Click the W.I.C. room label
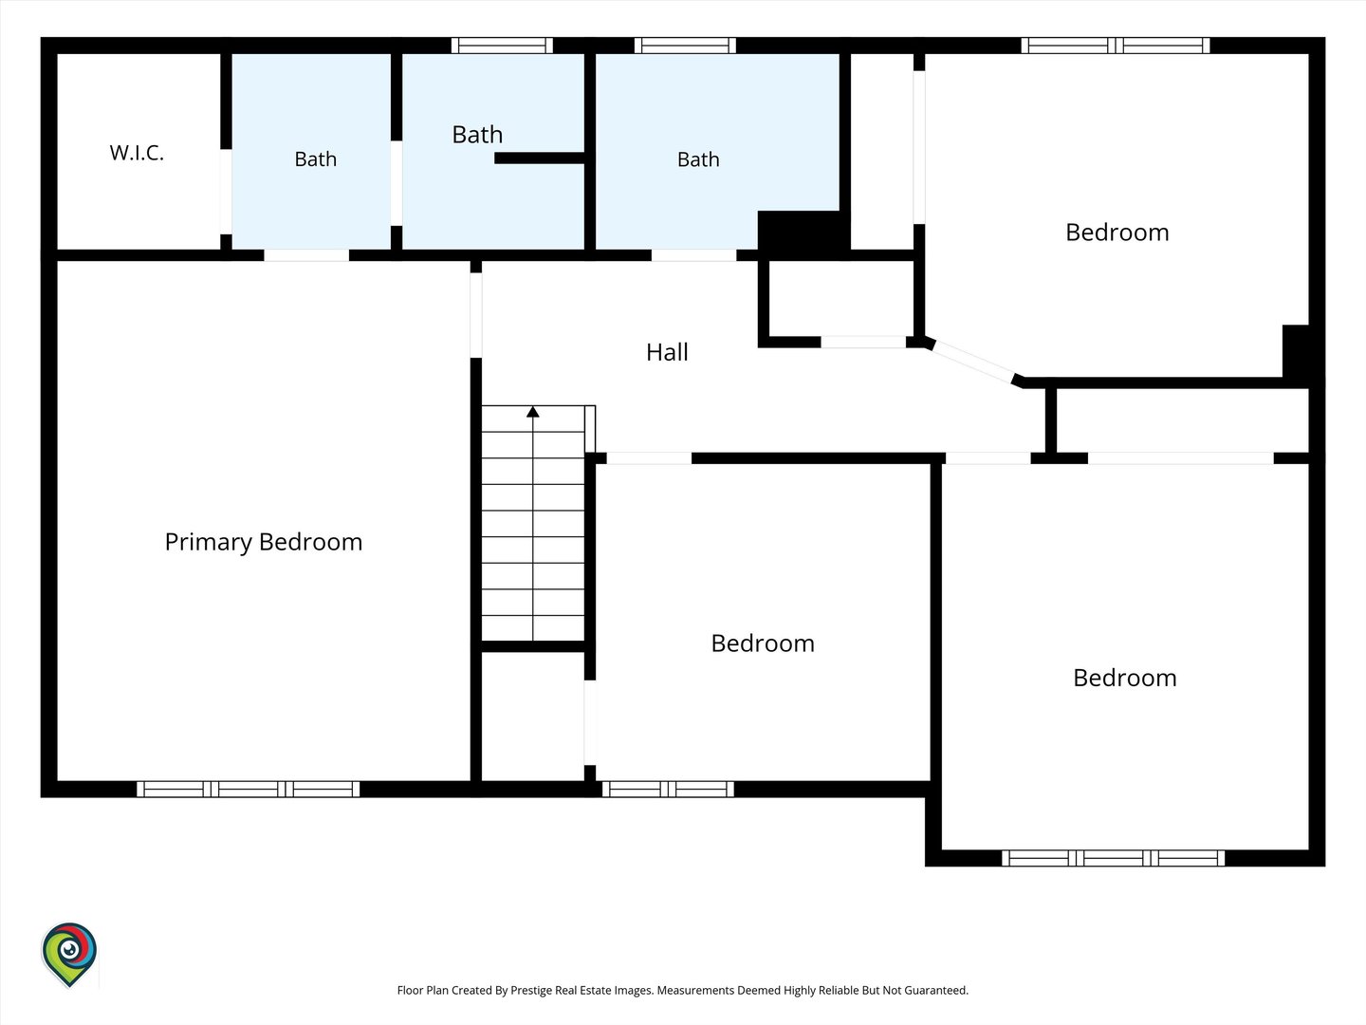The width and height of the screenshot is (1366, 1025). tap(137, 153)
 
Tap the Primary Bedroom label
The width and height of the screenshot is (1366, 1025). tap(264, 542)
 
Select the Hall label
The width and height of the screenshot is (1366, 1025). tap(667, 352)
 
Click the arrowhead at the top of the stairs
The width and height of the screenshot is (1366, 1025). tap(533, 412)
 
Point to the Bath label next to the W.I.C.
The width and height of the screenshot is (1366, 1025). tap(316, 159)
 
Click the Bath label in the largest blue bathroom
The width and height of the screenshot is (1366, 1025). tap(698, 160)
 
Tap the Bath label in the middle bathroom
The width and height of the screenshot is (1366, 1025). tap(477, 135)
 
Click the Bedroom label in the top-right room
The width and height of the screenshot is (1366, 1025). tap(1117, 233)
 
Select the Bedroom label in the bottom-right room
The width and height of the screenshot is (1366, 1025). tap(1124, 678)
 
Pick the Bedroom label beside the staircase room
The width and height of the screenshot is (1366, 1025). tap(763, 643)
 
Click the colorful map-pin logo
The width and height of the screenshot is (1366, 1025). tap(69, 955)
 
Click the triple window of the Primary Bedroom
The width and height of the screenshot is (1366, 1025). tap(249, 789)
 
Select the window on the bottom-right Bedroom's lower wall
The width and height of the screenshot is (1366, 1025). tap(1114, 858)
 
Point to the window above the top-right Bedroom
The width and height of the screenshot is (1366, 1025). tap(1116, 46)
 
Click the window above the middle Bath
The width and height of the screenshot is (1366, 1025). tap(502, 46)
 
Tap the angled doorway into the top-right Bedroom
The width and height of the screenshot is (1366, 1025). tap(973, 362)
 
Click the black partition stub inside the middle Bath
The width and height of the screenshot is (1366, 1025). tap(540, 158)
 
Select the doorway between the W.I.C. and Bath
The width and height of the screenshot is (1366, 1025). tap(226, 192)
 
